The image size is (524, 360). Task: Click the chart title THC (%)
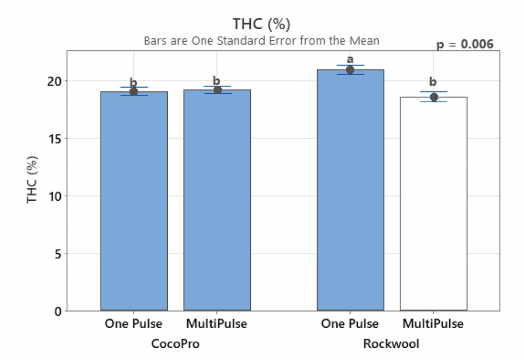(262, 24)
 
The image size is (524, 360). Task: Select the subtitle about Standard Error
(262, 41)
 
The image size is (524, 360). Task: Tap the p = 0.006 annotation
(465, 44)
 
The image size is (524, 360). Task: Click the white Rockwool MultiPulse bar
(433, 205)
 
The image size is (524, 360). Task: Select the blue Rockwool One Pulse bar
(350, 192)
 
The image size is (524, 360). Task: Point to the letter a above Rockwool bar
(350, 59)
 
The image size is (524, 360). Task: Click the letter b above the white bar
(433, 82)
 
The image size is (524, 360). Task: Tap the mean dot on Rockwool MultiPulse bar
(434, 97)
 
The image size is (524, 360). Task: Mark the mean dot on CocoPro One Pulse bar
(134, 92)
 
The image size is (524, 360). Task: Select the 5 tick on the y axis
(59, 254)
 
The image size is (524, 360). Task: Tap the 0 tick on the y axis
(59, 311)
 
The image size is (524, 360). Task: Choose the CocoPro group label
(175, 344)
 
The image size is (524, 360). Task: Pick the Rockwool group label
(391, 344)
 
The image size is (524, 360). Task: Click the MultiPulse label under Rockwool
(433, 324)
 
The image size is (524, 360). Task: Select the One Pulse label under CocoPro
(133, 324)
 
